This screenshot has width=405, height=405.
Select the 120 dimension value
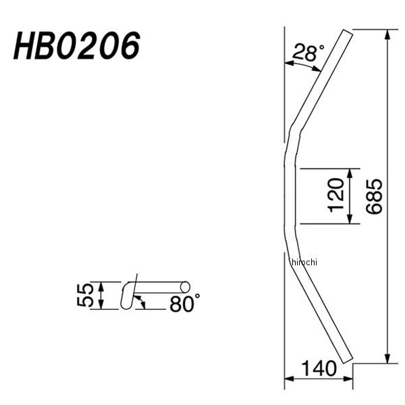click(338, 196)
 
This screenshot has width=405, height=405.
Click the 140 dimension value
click(318, 369)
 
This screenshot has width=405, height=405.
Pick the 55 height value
click(85, 296)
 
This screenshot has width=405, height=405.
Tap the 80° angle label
click(184, 304)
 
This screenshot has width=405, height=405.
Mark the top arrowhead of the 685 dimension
click(387, 34)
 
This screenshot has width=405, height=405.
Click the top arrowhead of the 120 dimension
click(350, 172)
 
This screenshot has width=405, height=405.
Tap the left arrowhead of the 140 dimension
click(288, 379)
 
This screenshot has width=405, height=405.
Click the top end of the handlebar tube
click(347, 32)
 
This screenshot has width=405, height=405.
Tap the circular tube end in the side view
click(185, 288)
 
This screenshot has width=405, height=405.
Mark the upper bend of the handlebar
click(292, 132)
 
